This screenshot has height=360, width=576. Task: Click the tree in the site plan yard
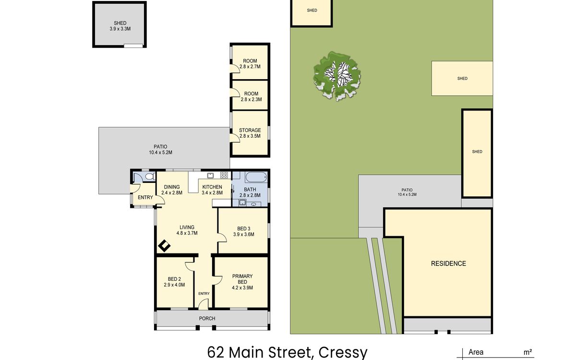[337, 76]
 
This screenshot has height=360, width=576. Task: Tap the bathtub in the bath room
[256, 177]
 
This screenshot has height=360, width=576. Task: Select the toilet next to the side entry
[150, 177]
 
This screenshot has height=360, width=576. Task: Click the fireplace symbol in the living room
[164, 246]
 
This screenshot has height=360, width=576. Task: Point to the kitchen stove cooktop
[224, 175]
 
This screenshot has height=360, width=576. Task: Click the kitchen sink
[211, 175]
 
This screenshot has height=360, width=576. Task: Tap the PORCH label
[207, 318]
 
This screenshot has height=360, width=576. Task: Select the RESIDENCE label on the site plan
[448, 264]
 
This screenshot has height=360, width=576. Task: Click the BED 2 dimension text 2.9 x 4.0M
[174, 285]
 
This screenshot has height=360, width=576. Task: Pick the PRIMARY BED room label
[242, 279]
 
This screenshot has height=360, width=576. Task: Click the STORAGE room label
[250, 130]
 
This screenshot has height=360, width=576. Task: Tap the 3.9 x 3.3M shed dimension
[120, 29]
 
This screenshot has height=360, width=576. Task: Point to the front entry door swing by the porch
[204, 304]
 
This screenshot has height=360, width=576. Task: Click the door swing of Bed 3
[222, 237]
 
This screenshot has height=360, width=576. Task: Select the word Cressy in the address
[343, 353]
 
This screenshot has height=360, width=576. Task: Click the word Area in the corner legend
[476, 352]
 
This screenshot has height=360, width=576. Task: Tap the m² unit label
[528, 352]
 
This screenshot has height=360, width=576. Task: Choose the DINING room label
[172, 187]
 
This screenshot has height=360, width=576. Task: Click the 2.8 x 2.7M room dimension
[250, 67]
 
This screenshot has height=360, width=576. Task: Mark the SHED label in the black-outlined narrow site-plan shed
[477, 152]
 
